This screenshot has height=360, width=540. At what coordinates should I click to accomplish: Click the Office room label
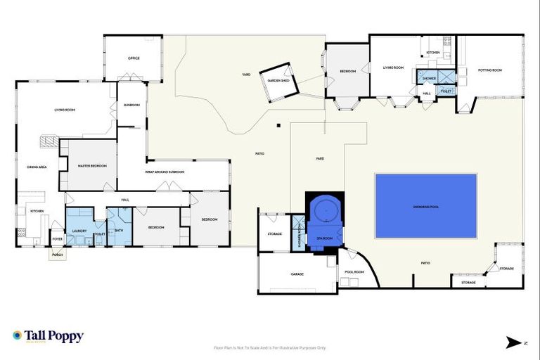pyautogui.click(x=133, y=58)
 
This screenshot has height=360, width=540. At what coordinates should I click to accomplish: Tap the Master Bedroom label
pyautogui.click(x=92, y=166)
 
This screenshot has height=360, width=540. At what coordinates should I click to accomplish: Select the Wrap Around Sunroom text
pyautogui.click(x=165, y=172)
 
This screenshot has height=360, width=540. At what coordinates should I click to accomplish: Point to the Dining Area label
pyautogui.click(x=37, y=167)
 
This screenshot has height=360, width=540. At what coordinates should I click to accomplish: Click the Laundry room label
pyautogui.click(x=79, y=229)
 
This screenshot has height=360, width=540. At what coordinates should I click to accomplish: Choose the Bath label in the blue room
pyautogui.click(x=119, y=230)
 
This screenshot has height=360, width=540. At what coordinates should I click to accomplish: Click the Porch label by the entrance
pyautogui.click(x=58, y=255)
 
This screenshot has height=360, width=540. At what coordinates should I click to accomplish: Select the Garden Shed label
pyautogui.click(x=278, y=81)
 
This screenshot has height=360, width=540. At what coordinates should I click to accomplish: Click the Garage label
pyautogui.click(x=297, y=274)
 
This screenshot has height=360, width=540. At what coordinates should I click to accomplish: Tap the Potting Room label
pyautogui.click(x=489, y=70)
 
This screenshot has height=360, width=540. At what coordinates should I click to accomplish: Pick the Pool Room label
pyautogui.click(x=354, y=271)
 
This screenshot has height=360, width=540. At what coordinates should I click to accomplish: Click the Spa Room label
pyautogui.click(x=324, y=239)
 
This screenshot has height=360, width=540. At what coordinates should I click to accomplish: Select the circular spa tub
pyautogui.click(x=325, y=210)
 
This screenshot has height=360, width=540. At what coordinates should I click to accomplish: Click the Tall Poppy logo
pyautogui.click(x=48, y=336)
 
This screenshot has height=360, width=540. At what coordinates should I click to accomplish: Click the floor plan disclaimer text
pyautogui.click(x=270, y=347)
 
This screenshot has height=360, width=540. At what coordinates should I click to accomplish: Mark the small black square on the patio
pyautogui.click(x=279, y=126)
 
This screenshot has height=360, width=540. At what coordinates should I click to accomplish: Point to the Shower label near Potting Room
pyautogui.click(x=429, y=78)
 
